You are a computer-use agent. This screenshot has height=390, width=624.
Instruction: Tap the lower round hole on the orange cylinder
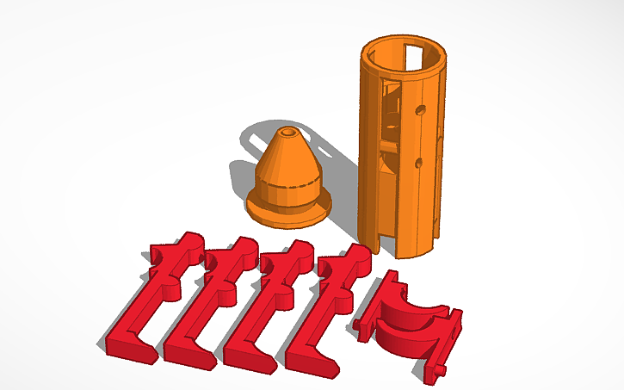(419, 163)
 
